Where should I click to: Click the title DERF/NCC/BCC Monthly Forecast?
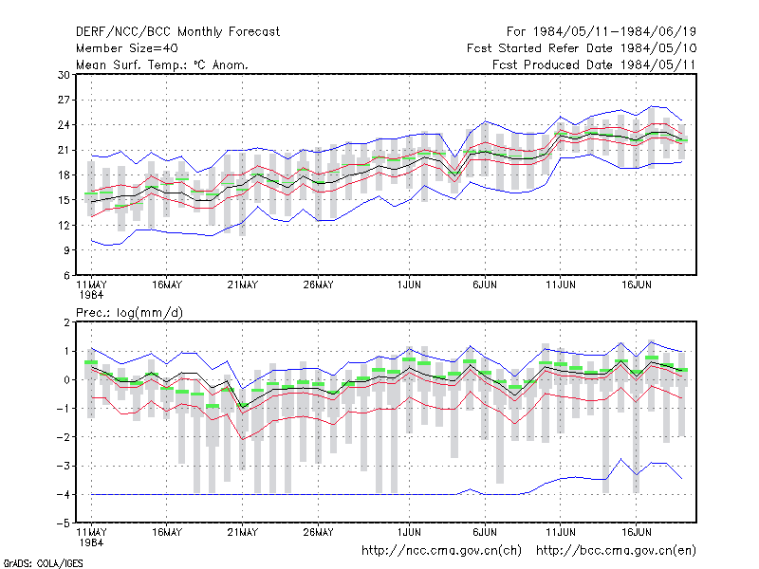[177, 32]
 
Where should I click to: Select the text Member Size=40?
[127, 48]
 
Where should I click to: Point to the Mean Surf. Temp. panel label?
[161, 64]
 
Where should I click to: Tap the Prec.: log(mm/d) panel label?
[129, 313]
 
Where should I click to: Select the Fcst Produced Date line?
[595, 64]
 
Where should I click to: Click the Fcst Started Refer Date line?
[582, 48]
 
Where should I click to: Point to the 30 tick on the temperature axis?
[64, 75]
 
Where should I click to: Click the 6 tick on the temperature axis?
[66, 275]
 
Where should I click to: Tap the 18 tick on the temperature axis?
[64, 175]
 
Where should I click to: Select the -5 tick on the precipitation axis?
[63, 523]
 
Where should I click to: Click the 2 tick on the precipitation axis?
[66, 322]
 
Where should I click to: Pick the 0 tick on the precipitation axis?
[66, 380]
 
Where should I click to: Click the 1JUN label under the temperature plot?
[409, 285]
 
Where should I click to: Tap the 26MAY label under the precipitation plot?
[318, 532]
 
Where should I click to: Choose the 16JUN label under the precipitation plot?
[636, 532]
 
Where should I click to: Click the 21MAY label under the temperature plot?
[243, 285]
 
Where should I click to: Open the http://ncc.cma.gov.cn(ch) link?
[441, 551]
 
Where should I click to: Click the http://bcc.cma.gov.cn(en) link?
[616, 551]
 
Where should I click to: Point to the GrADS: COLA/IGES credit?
[43, 563]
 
